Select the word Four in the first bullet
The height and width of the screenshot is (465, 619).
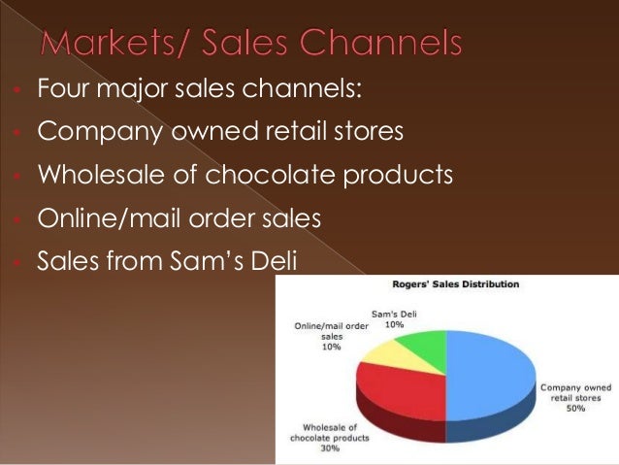click(x=60, y=90)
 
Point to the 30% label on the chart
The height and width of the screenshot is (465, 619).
click(x=330, y=448)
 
